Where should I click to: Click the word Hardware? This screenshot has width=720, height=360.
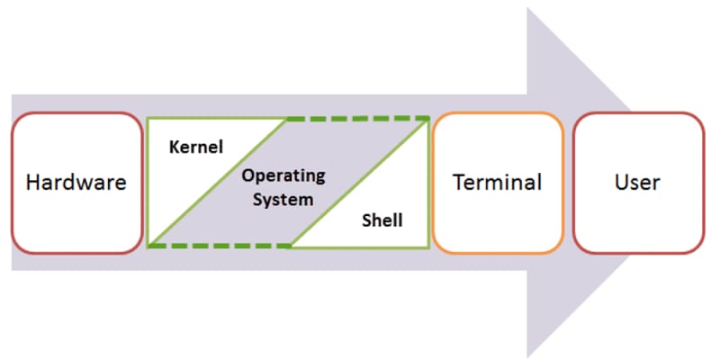76,183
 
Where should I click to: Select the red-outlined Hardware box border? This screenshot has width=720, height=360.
76,114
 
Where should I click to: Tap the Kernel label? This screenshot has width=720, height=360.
195,147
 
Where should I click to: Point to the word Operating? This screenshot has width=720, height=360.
283,175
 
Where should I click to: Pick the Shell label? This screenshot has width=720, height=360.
382,219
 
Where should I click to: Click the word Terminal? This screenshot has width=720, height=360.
498,183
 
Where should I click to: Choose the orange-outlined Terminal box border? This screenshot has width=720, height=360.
498,113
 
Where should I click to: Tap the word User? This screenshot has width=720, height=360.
637,183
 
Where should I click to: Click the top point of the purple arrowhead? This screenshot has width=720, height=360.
527,8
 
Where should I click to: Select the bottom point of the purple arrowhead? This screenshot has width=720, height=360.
527,356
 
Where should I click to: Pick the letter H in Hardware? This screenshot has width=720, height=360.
32,183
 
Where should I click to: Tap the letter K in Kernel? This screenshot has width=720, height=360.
174,147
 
